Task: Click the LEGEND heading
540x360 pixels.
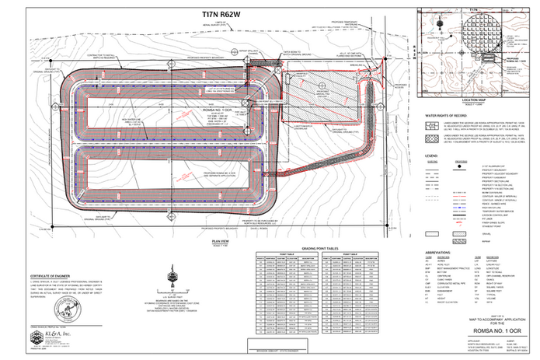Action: (x=434, y=155)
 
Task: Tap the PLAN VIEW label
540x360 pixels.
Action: (x=220, y=241)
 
